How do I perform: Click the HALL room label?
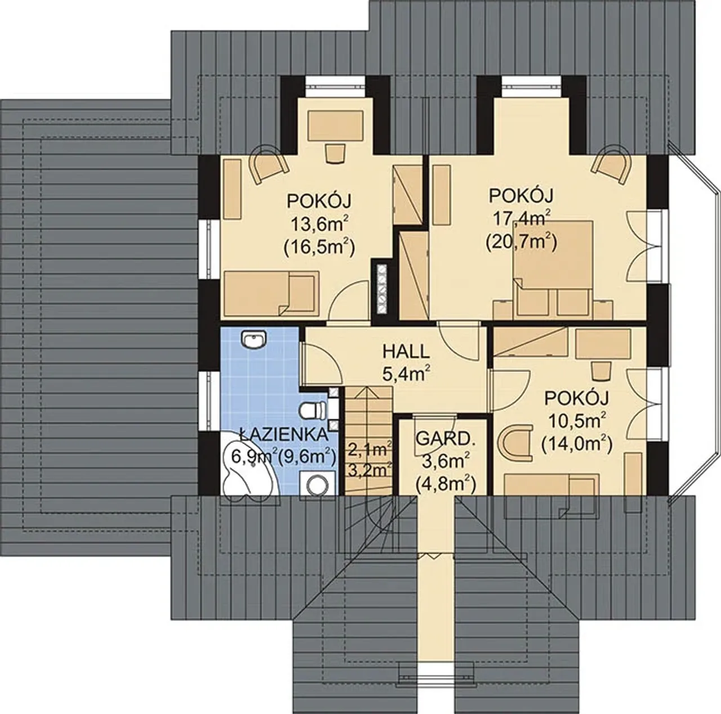pyautogui.click(x=406, y=353)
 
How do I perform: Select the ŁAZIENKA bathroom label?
pyautogui.click(x=283, y=435)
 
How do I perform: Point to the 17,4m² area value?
pyautogui.click(x=521, y=217)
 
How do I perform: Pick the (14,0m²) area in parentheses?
pyautogui.click(x=577, y=445)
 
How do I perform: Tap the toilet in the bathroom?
pyautogui.click(x=313, y=411)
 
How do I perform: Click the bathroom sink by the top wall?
pyautogui.click(x=254, y=340)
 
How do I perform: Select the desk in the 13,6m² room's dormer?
pyautogui.click(x=336, y=125)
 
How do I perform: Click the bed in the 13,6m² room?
pyautogui.click(x=272, y=294)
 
